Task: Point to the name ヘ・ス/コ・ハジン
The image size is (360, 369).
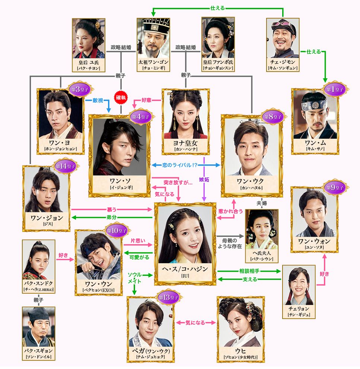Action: [x=185, y=269]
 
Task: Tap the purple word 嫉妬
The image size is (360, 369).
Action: [x=204, y=179]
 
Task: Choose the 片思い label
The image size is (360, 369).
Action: [x=138, y=241]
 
